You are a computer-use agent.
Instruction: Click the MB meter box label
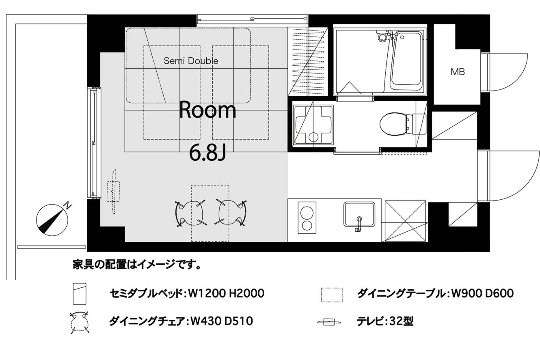(458, 72)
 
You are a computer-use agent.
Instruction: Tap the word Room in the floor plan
(207, 110)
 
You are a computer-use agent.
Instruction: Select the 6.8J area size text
(207, 153)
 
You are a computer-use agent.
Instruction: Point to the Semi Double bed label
(191, 61)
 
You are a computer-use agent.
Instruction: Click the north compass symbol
(52, 219)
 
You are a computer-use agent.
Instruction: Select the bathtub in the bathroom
(406, 62)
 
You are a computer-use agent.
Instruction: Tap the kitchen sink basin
(359, 214)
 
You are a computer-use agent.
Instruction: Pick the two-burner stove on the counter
(307, 218)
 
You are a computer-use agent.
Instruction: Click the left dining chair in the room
(190, 213)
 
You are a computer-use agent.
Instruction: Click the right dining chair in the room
(231, 213)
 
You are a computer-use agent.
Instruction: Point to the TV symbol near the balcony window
(113, 192)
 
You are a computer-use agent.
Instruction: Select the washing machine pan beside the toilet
(313, 125)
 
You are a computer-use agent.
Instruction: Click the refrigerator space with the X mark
(405, 221)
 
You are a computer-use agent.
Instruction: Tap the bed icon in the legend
(80, 294)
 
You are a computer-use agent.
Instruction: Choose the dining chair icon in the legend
(79, 322)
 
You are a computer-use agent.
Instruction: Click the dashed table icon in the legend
(332, 295)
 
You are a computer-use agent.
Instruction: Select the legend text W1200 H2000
(226, 293)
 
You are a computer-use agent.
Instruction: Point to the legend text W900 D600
(482, 293)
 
